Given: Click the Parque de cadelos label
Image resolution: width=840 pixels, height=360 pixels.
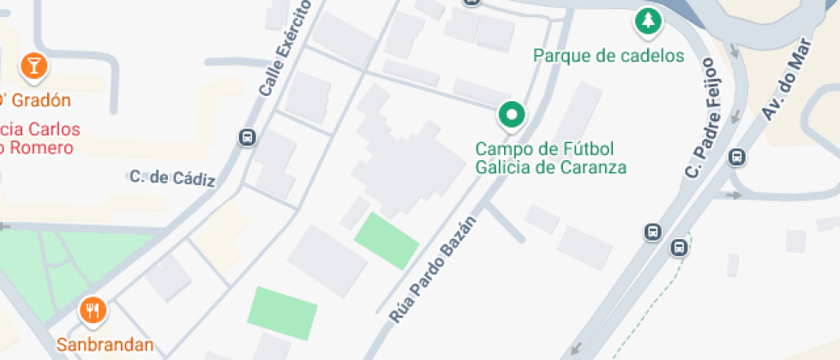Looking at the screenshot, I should click(x=609, y=57).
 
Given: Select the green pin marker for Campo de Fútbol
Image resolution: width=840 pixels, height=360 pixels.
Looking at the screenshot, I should click(x=512, y=115).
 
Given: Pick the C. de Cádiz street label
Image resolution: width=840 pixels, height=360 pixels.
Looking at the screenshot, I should click(x=172, y=178).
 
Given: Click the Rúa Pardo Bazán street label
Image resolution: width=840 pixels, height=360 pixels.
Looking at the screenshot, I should click(x=432, y=268).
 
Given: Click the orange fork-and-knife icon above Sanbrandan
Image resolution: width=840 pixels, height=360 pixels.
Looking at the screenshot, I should click(x=93, y=310).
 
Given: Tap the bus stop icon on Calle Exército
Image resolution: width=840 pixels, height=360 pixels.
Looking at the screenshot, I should click(x=247, y=137).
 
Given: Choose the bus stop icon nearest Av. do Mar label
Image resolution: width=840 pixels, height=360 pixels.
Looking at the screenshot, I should click(x=735, y=158).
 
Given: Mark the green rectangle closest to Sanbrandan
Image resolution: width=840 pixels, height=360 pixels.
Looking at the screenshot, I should click(x=283, y=313).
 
